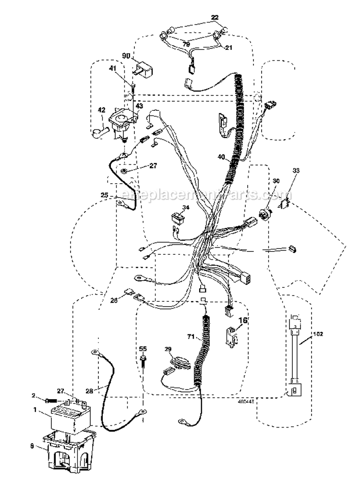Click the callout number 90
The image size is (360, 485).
click(126, 56)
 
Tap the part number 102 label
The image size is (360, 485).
click(318, 334)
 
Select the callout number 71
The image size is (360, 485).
click(192, 339)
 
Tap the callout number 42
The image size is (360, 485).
click(101, 109)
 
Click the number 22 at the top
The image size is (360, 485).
click(215, 18)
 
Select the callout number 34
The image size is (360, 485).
click(186, 207)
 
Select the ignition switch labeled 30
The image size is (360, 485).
click(263, 213)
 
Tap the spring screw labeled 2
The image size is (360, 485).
click(52, 400)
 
